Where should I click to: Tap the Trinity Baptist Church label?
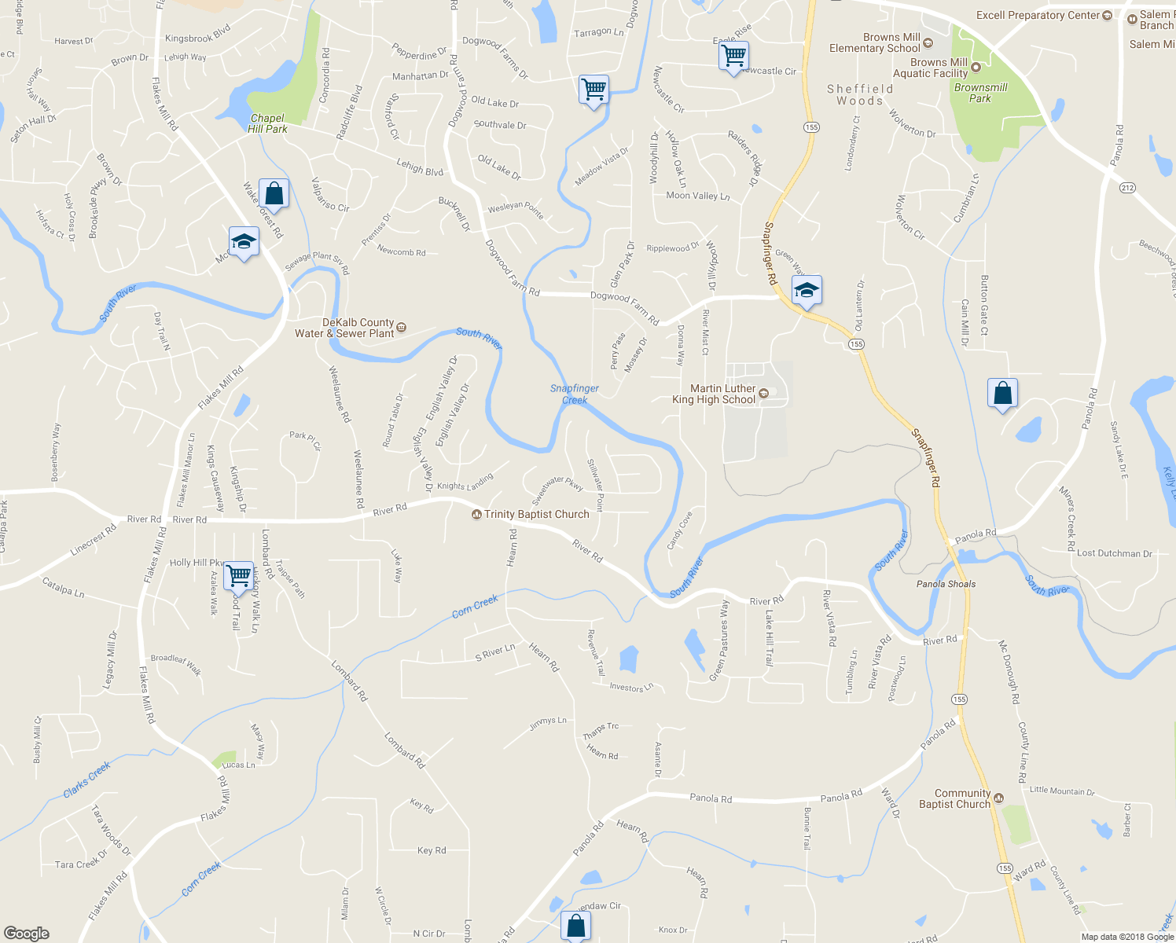click(x=536, y=514)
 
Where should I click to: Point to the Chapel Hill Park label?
click(x=267, y=123)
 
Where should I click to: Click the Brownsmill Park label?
click(x=980, y=93)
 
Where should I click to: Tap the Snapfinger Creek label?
click(x=575, y=394)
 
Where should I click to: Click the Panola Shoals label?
click(x=946, y=584)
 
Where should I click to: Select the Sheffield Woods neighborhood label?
click(x=860, y=94)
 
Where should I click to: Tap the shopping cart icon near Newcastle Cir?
click(x=733, y=57)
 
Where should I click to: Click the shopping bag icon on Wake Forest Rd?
click(x=274, y=193)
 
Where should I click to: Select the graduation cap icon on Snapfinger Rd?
click(x=807, y=291)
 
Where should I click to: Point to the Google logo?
click(x=26, y=934)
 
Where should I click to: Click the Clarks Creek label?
click(x=86, y=779)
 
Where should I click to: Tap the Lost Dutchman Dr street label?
click(x=1114, y=553)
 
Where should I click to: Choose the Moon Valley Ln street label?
click(x=697, y=196)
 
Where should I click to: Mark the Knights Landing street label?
click(x=465, y=482)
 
